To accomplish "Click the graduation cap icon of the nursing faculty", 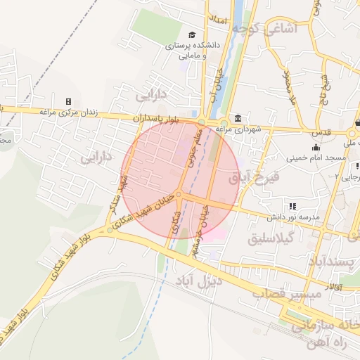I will pyautogui.click(x=192, y=34).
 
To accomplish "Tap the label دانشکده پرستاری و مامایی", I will pyautogui.click(x=193, y=49).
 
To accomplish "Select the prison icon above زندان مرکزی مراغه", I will pyautogui.click(x=68, y=103).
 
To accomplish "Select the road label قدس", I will pyautogui.click(x=321, y=132).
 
